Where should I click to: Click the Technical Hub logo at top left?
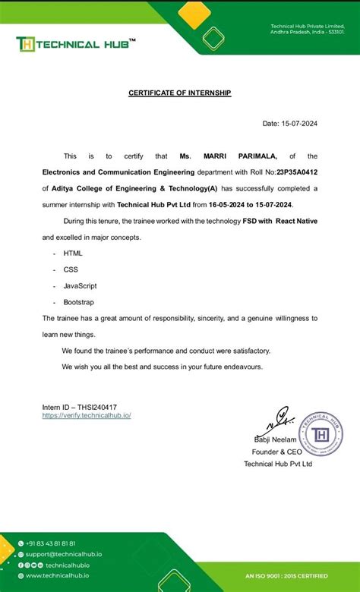[x=76, y=44]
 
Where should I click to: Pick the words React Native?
[x=295, y=220]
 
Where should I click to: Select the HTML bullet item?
[x=73, y=253]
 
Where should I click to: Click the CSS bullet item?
[x=71, y=269]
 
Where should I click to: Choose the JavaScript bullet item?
[x=80, y=285]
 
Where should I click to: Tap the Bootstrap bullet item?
[x=78, y=301]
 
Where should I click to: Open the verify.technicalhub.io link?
[x=87, y=415]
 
